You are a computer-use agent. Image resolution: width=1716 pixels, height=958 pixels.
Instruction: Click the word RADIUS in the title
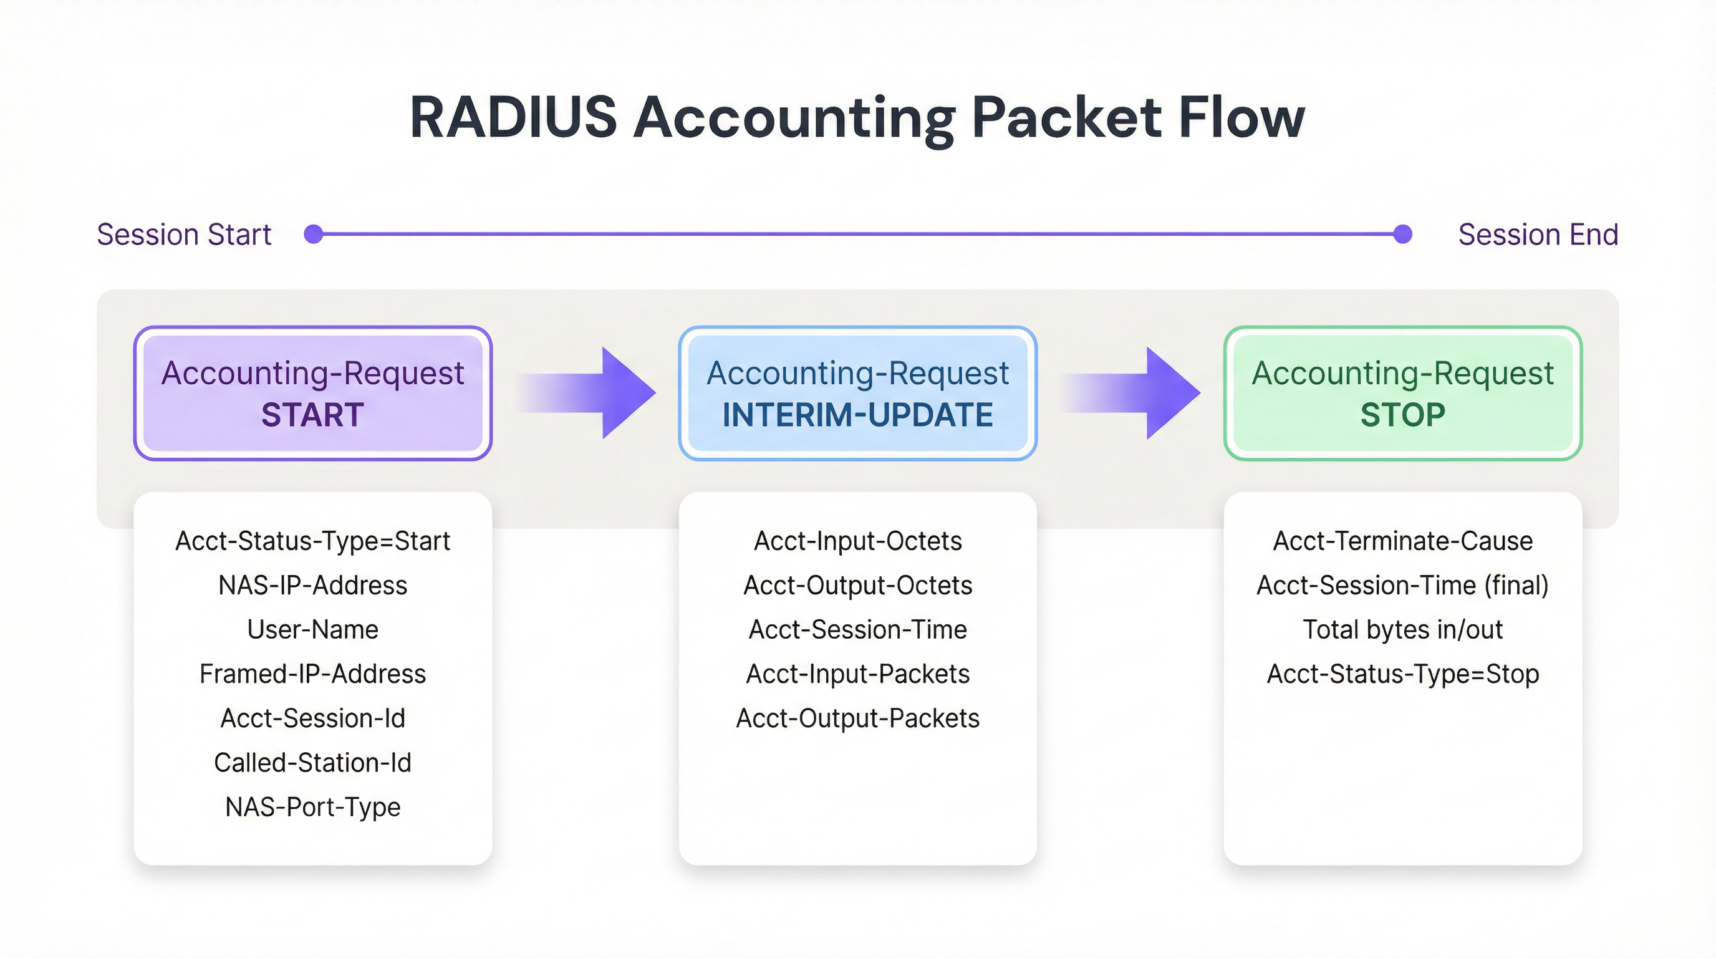pyautogui.click(x=513, y=117)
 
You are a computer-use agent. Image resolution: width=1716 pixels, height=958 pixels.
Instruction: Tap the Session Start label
pyautogui.click(x=184, y=235)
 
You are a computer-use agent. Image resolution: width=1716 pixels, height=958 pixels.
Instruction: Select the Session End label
pyautogui.click(x=1538, y=235)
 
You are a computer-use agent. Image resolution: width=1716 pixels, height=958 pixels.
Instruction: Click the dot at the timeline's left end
pyautogui.click(x=313, y=235)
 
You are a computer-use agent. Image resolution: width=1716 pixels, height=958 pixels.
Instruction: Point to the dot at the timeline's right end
pyautogui.click(x=1402, y=235)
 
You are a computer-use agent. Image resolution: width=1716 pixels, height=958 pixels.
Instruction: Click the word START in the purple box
pyautogui.click(x=312, y=415)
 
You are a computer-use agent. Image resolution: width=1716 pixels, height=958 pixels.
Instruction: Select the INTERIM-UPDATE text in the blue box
pyautogui.click(x=857, y=415)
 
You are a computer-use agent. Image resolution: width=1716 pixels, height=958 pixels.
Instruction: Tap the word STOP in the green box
pyautogui.click(x=1402, y=415)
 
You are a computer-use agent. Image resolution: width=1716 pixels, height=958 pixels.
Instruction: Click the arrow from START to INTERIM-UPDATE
pyautogui.click(x=599, y=393)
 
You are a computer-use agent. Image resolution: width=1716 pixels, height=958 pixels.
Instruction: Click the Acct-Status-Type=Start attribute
pyautogui.click(x=312, y=541)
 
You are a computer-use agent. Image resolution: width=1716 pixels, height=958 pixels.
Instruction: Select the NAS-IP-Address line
pyautogui.click(x=312, y=586)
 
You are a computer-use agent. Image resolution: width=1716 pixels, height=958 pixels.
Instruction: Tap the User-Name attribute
pyautogui.click(x=312, y=629)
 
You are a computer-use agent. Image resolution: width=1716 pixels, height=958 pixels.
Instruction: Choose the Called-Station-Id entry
pyautogui.click(x=312, y=763)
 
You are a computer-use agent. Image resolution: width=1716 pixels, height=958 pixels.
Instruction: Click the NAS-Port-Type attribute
pyautogui.click(x=312, y=807)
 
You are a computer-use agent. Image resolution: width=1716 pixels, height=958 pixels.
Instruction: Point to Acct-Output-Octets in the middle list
pyautogui.click(x=857, y=586)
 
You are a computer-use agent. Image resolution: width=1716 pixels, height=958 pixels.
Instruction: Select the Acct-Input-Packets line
pyautogui.click(x=857, y=674)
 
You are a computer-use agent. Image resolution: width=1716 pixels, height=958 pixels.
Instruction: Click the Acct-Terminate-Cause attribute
pyautogui.click(x=1402, y=541)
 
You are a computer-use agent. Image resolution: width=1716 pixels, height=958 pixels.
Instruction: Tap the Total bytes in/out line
pyautogui.click(x=1402, y=629)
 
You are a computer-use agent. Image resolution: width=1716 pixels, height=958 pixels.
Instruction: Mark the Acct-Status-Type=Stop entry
pyautogui.click(x=1402, y=674)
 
